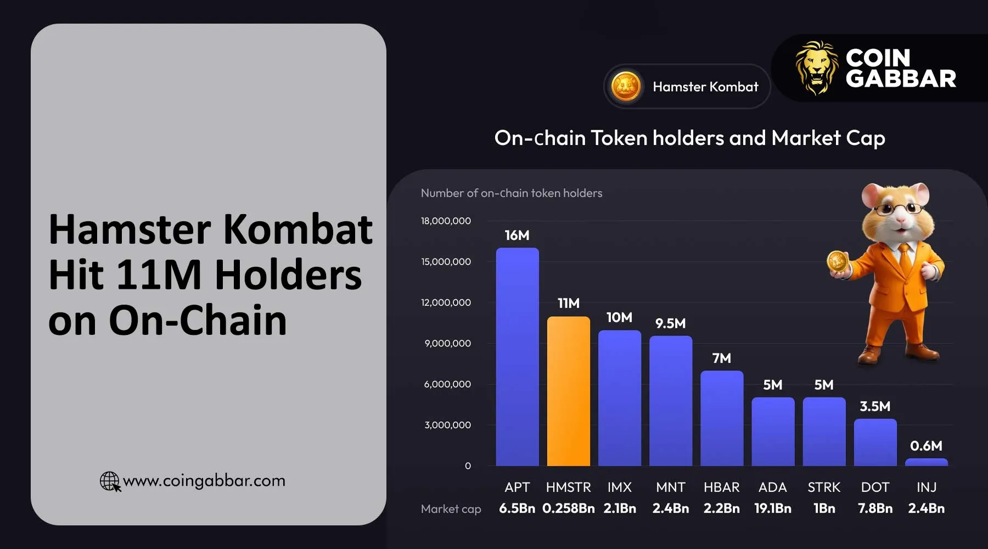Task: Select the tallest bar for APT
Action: [517, 357]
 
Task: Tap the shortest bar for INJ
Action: [926, 462]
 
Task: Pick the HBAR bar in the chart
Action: [721, 418]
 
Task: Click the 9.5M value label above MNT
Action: [670, 323]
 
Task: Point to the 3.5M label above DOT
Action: [874, 406]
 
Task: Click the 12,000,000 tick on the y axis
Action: [446, 302]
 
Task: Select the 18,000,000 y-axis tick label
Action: [446, 221]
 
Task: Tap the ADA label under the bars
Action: [772, 487]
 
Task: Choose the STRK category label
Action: [823, 487]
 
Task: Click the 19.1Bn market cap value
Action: [772, 508]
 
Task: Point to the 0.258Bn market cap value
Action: [568, 508]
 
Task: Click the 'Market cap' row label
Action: [451, 509]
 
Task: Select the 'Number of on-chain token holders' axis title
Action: [511, 193]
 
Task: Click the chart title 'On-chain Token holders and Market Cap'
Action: [689, 138]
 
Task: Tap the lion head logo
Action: [817, 68]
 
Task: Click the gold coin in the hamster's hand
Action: [838, 262]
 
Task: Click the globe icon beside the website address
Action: [110, 481]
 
